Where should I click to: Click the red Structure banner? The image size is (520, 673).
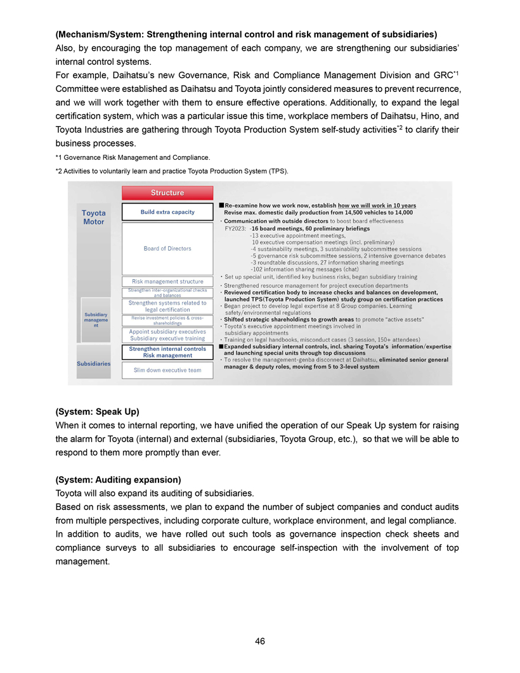tap(167, 193)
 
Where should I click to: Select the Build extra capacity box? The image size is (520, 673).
tap(167, 212)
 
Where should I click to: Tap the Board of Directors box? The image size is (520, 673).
tap(167, 248)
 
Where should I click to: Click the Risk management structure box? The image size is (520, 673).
tap(167, 281)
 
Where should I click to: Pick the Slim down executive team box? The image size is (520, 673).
tap(167, 370)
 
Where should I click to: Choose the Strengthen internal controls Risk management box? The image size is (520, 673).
tap(167, 352)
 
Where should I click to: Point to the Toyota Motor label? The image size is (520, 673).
tap(94, 217)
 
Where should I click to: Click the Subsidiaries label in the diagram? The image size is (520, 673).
tap(94, 363)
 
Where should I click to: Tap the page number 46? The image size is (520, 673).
tap(260, 641)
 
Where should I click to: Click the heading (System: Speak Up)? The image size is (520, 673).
tap(98, 411)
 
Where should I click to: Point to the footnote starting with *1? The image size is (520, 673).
tap(133, 157)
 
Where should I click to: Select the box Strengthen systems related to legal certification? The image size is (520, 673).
tap(167, 306)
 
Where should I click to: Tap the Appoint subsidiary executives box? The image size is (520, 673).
tap(167, 332)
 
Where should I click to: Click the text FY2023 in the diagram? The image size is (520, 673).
tap(237, 228)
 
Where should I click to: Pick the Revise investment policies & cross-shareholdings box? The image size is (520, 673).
tap(167, 320)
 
